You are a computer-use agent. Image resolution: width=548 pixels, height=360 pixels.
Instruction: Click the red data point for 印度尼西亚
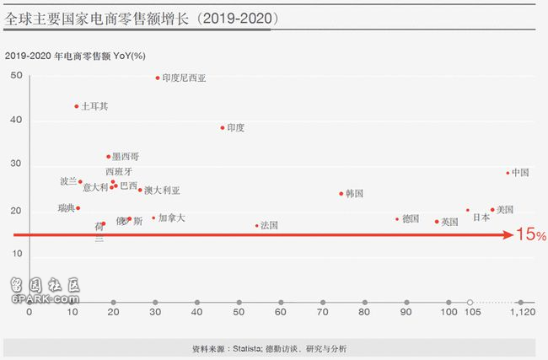(158, 78)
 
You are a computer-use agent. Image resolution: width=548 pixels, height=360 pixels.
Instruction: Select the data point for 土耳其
(76, 106)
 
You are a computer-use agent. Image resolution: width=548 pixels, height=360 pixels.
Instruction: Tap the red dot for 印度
(223, 128)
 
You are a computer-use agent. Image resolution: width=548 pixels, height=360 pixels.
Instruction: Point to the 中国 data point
(508, 173)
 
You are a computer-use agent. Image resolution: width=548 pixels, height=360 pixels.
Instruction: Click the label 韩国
(354, 193)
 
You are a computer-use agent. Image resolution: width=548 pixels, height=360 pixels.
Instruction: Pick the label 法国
(269, 225)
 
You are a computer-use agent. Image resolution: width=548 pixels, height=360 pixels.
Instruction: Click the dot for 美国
(492, 210)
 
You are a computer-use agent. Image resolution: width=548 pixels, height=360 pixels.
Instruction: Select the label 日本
(481, 218)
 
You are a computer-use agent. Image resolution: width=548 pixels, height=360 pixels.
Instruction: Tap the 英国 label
(449, 222)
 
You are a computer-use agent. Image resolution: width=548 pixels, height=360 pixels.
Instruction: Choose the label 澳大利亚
(162, 191)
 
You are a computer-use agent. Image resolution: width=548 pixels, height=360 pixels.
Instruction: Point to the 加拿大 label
(171, 218)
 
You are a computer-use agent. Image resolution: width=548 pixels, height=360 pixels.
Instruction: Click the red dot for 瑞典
(78, 208)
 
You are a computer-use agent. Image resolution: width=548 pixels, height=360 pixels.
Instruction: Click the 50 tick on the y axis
(17, 76)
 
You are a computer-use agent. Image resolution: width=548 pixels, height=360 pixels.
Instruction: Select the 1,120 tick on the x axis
(523, 311)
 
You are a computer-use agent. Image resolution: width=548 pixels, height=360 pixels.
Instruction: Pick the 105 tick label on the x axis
(471, 311)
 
